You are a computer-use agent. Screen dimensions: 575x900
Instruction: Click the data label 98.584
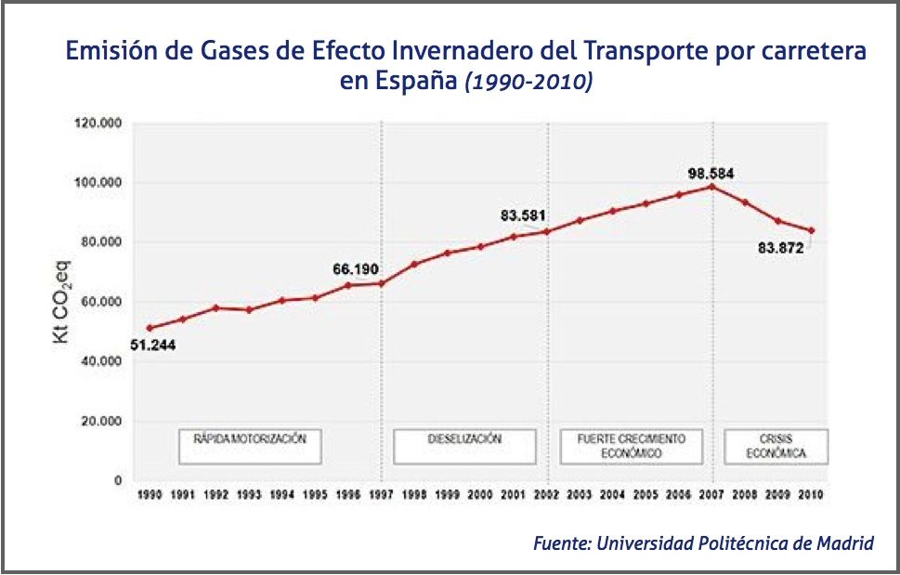click(x=711, y=173)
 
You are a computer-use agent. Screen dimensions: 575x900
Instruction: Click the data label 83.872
click(x=780, y=248)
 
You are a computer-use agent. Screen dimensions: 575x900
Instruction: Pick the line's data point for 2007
click(x=711, y=187)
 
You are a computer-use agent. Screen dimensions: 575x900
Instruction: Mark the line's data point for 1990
click(x=150, y=328)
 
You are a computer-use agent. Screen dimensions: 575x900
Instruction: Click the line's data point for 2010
click(x=812, y=230)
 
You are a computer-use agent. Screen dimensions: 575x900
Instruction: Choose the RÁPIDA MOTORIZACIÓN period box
click(x=250, y=446)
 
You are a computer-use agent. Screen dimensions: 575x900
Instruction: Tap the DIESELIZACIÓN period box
click(x=464, y=446)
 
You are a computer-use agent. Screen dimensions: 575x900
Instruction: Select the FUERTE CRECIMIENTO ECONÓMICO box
click(x=631, y=446)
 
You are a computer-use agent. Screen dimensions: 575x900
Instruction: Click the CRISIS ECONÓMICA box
click(x=776, y=446)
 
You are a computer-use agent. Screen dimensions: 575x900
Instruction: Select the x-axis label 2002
click(x=546, y=495)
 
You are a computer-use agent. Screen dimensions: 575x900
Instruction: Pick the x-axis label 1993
click(x=249, y=495)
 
